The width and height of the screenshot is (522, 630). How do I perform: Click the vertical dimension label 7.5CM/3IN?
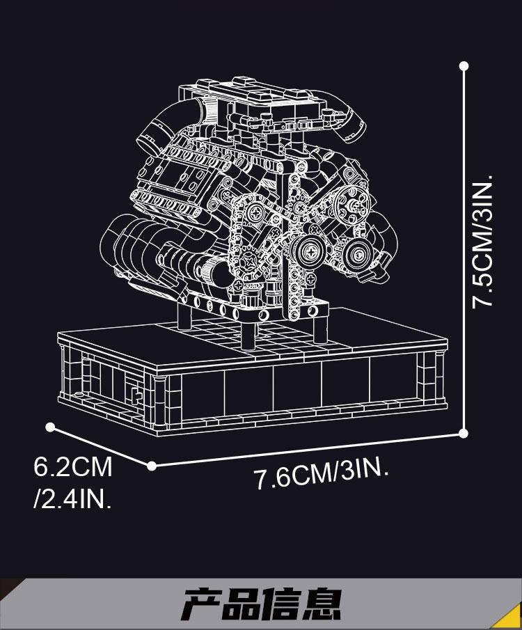(x=482, y=241)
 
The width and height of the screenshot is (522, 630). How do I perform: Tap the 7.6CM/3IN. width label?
(x=322, y=475)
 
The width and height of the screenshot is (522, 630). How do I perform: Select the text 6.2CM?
(x=73, y=466)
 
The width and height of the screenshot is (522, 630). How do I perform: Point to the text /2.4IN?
(x=73, y=498)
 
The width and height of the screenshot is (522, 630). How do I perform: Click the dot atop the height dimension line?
(x=464, y=65)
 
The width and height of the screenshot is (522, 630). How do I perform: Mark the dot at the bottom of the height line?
(x=463, y=433)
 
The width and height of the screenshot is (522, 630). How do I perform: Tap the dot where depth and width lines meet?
(x=152, y=466)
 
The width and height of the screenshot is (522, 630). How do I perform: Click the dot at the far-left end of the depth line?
(x=50, y=427)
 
